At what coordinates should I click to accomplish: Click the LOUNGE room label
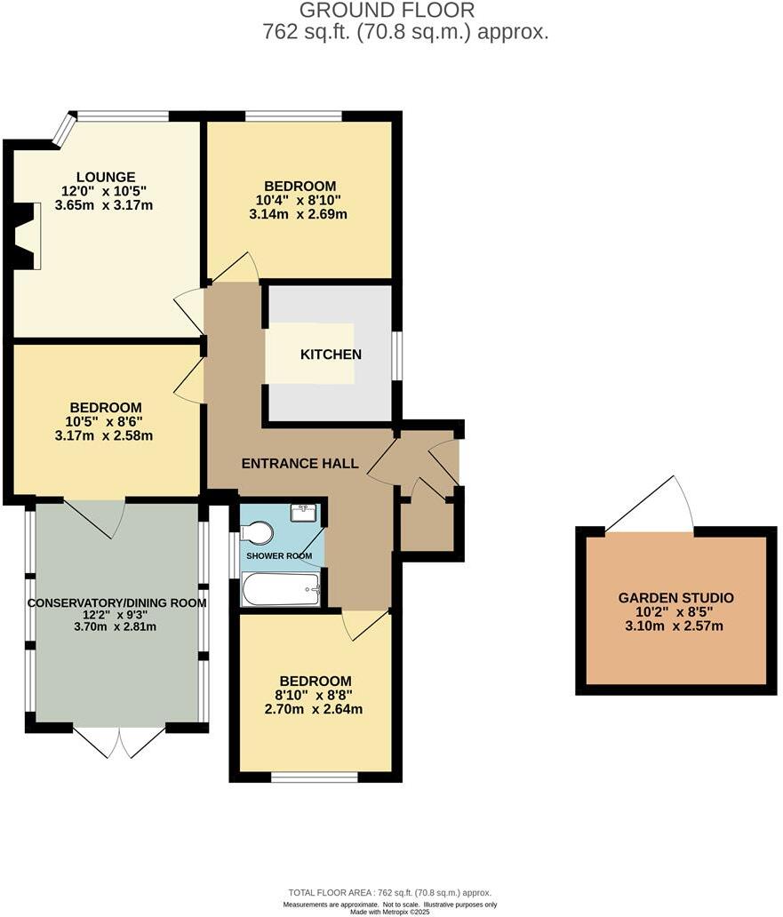(x=105, y=177)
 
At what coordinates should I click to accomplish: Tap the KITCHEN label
(x=331, y=355)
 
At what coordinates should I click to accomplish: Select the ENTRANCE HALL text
(x=300, y=463)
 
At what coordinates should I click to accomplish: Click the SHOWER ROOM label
(x=279, y=556)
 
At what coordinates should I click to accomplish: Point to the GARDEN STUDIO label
(x=675, y=597)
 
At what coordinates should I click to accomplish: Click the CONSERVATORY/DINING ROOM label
(x=116, y=602)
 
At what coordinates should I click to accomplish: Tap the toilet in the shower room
(x=258, y=532)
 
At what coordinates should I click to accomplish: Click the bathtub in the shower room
(x=281, y=589)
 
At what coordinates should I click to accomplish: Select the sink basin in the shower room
(x=304, y=513)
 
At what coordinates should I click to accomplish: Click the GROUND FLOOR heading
(x=387, y=11)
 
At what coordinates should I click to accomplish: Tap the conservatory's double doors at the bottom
(x=119, y=741)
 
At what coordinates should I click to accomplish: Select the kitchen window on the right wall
(x=397, y=355)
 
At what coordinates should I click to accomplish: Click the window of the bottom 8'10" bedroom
(x=315, y=777)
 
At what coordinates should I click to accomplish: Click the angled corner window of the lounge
(x=63, y=129)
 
